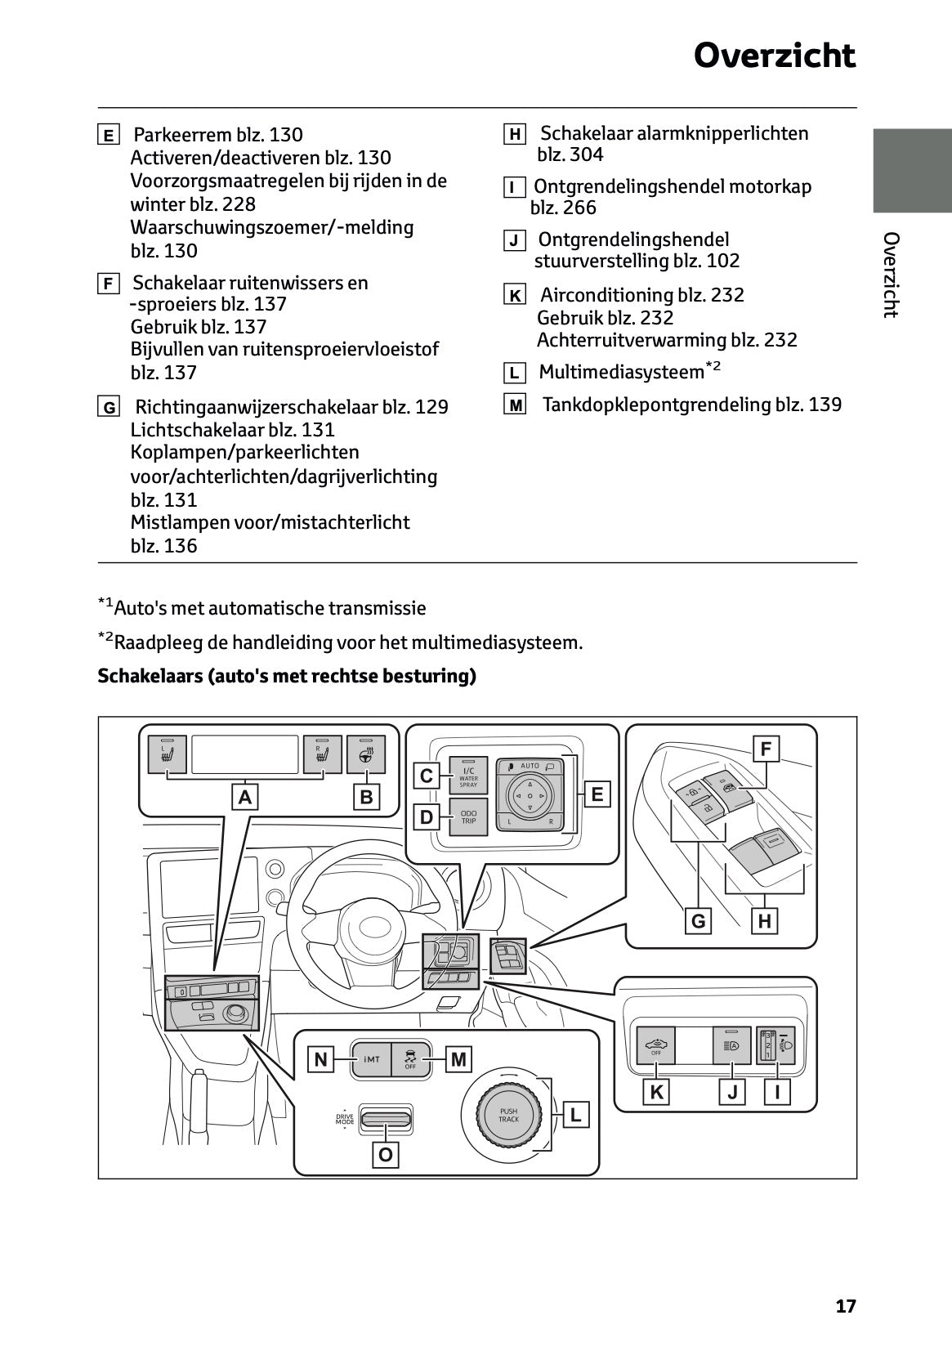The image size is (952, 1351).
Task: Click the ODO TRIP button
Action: [x=468, y=816]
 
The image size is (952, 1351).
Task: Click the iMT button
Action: [x=371, y=1059]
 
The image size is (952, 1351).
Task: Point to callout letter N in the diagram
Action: [x=320, y=1060]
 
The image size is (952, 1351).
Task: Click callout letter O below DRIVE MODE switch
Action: [x=386, y=1155]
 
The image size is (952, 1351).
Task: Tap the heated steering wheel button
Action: [x=366, y=754]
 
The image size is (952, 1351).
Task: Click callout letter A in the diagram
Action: [x=245, y=797]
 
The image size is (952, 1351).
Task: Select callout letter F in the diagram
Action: [x=766, y=749]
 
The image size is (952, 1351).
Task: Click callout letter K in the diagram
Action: [x=656, y=1092]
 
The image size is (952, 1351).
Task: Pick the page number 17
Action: [x=846, y=1306]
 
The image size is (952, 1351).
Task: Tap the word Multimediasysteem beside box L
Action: [x=621, y=373]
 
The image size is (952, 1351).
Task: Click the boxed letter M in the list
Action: [x=515, y=405]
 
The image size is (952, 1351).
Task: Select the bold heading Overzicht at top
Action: [x=774, y=56]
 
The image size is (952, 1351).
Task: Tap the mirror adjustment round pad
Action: [x=530, y=793]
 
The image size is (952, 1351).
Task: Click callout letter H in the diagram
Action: [x=765, y=921]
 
